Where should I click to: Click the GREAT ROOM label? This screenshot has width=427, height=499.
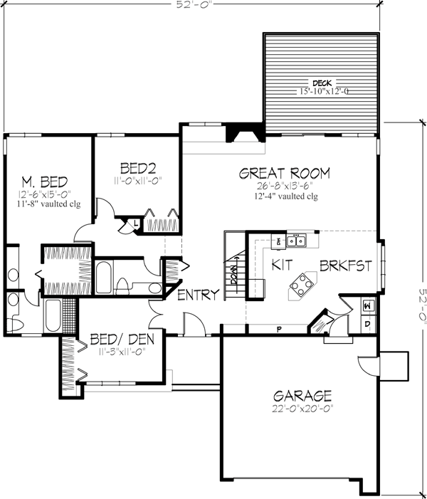tap(284, 173)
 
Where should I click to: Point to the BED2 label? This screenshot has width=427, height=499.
tap(137, 168)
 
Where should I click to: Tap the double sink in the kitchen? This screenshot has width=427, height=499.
tap(297, 241)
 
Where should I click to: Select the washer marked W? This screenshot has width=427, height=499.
tap(367, 305)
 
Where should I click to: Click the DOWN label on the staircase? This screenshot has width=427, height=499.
tap(232, 274)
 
